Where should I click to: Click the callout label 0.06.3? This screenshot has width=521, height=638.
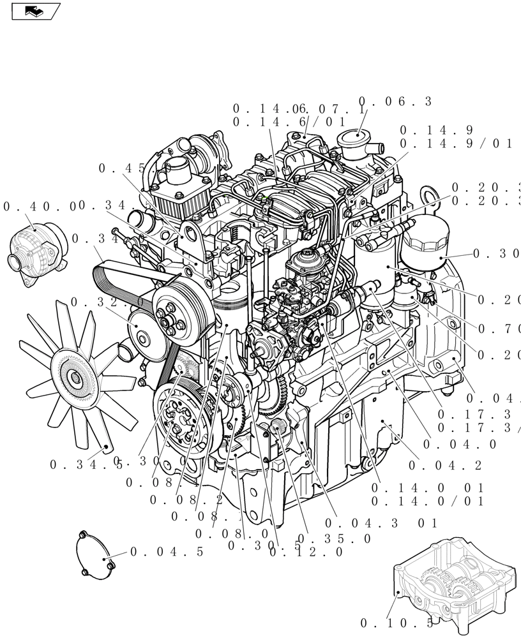point(395,101)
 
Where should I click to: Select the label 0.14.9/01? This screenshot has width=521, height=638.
point(456,144)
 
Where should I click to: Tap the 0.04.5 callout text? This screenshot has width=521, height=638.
point(167,552)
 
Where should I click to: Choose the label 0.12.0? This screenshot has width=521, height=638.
point(306,552)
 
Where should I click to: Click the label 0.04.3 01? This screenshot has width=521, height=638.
point(381,523)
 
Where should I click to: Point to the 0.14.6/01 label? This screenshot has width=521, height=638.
point(289,122)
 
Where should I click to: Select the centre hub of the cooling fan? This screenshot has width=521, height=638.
point(76,377)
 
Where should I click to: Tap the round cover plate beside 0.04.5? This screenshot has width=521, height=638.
point(96,556)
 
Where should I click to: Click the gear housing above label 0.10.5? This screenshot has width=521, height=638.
point(453,577)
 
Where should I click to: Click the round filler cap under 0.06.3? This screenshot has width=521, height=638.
point(357,138)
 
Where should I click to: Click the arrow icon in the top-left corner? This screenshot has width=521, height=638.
point(35,11)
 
